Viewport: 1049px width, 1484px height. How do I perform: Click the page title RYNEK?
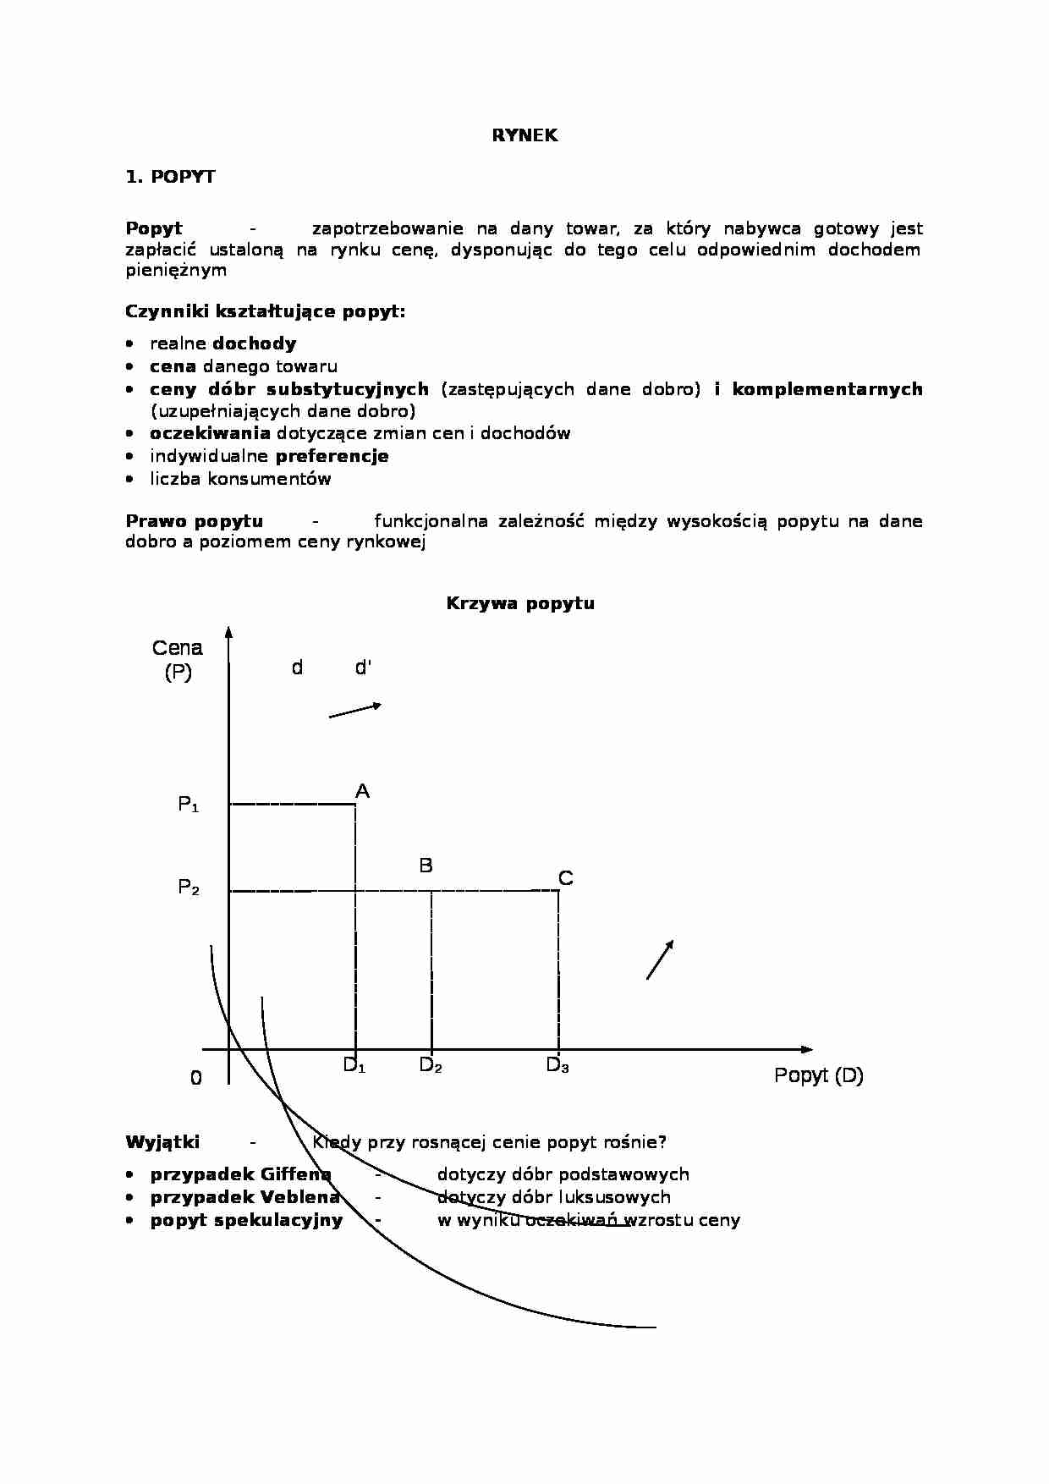click(x=524, y=135)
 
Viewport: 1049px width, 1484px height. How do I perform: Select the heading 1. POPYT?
click(x=170, y=177)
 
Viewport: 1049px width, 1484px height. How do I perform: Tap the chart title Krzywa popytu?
click(x=520, y=603)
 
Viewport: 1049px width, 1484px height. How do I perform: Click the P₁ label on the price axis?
click(x=188, y=805)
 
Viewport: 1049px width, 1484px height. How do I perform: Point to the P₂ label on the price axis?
click(x=188, y=888)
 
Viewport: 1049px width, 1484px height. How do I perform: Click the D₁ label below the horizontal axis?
click(x=354, y=1066)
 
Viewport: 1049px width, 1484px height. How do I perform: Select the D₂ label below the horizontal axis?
click(x=431, y=1066)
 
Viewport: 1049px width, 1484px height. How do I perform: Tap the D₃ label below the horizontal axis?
click(x=557, y=1066)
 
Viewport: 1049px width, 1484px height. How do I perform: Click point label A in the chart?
click(x=362, y=792)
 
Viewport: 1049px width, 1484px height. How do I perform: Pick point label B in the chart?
click(x=426, y=866)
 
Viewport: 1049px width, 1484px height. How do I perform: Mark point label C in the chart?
click(x=566, y=879)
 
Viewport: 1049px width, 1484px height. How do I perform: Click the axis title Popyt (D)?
click(x=818, y=1075)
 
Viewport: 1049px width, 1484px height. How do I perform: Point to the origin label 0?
click(x=196, y=1078)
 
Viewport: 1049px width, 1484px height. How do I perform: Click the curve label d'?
click(x=363, y=668)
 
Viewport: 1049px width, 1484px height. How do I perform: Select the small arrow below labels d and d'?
click(x=355, y=711)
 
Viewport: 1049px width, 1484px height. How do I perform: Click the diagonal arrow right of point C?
click(x=660, y=959)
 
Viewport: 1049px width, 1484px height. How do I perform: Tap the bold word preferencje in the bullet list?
click(x=332, y=456)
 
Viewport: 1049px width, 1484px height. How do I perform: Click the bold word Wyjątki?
click(x=162, y=1142)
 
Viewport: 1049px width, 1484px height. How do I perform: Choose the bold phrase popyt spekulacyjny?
click(x=246, y=1220)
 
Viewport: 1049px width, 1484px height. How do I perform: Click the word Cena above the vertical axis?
click(x=178, y=648)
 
